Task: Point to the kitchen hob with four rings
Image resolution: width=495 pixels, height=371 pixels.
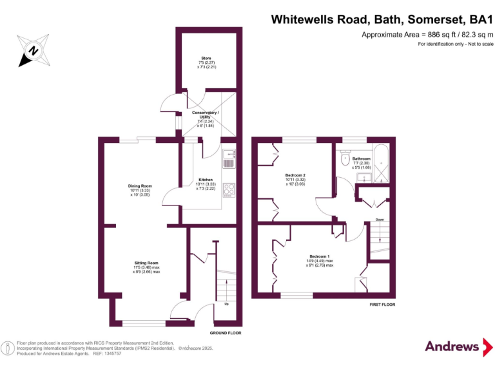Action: pyautogui.click(x=229, y=189)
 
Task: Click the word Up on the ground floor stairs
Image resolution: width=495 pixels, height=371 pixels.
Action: pyautogui.click(x=226, y=304)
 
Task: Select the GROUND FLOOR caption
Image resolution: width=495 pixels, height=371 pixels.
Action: pyautogui.click(x=226, y=333)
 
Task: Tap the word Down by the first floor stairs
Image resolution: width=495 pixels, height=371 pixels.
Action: pyautogui.click(x=380, y=220)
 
